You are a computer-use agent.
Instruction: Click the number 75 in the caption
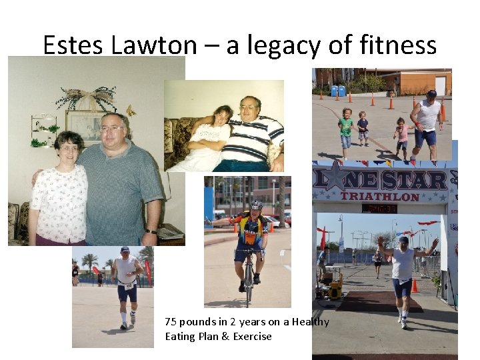171,322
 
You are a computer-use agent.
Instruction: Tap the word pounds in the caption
195,322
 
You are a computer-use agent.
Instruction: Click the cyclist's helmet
257,205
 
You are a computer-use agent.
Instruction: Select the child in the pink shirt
403,133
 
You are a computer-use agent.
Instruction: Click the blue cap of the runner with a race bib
125,250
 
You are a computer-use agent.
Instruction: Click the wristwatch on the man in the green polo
153,232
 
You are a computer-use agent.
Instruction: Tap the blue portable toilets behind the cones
337,91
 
